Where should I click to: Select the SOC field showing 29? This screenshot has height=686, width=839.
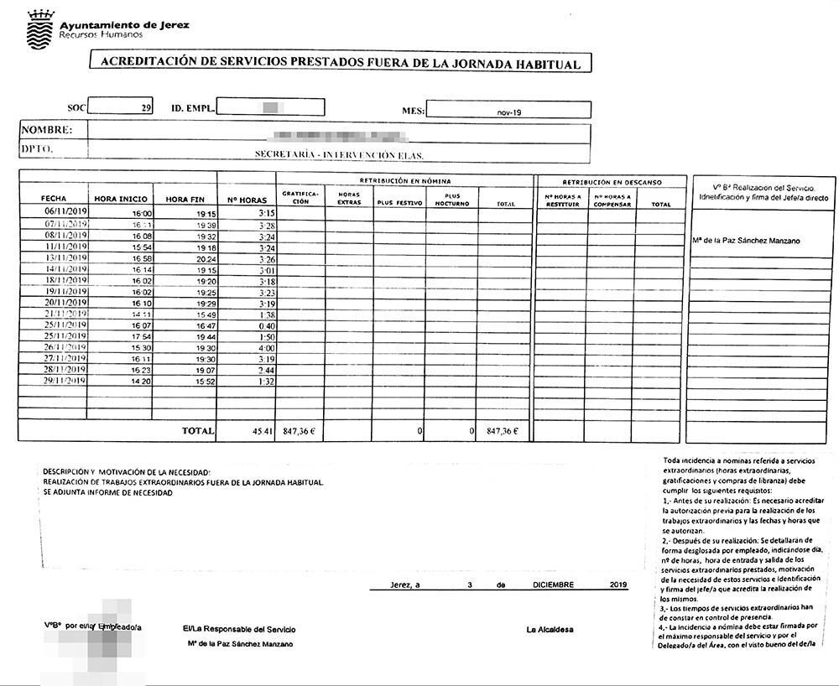121,107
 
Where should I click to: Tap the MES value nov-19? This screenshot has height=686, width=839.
508,110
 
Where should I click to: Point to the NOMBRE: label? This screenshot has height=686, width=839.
47,130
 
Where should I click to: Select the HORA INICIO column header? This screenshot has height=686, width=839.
121,199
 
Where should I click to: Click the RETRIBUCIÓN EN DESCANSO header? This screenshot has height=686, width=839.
612,181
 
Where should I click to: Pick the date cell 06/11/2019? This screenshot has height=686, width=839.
66,213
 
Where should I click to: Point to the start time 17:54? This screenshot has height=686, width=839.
140,336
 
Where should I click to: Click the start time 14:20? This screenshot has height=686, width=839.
140,381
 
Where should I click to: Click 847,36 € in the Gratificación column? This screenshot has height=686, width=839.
300,431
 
